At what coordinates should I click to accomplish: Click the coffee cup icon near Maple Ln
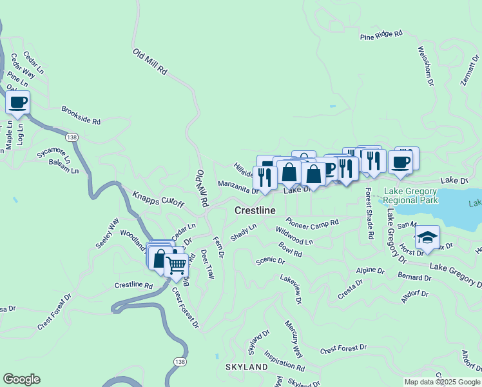click(18, 103)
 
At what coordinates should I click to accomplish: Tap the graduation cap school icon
click(426, 237)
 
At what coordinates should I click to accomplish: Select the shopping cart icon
click(176, 264)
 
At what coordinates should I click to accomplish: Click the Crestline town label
click(255, 211)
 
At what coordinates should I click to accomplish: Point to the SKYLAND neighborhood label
click(246, 367)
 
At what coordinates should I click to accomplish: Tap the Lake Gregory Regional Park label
click(410, 195)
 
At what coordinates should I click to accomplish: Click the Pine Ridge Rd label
click(381, 35)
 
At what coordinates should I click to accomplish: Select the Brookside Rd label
click(81, 115)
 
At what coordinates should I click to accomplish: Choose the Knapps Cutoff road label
click(159, 199)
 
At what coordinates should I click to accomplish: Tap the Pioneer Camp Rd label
click(313, 223)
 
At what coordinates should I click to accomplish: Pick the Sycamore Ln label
click(53, 153)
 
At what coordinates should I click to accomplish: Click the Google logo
click(21, 379)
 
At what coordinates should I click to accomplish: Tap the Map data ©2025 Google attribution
click(441, 382)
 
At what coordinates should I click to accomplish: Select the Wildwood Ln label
click(294, 235)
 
